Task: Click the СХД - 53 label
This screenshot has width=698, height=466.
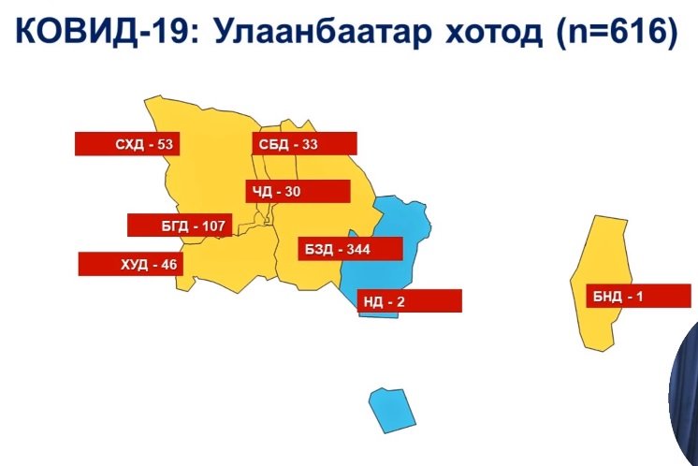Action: click(127, 144)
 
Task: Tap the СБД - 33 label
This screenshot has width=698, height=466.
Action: click(304, 144)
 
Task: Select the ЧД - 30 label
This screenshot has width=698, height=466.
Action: click(298, 192)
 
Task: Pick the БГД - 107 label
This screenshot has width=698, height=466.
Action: click(180, 226)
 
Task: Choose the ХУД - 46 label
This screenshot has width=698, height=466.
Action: click(131, 265)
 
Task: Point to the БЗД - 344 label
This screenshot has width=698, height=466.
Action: click(350, 249)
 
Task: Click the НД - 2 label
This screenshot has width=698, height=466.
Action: click(410, 301)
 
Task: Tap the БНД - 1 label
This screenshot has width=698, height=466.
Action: click(639, 296)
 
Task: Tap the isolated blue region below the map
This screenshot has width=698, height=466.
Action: click(392, 411)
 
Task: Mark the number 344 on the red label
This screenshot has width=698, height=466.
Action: click(358, 249)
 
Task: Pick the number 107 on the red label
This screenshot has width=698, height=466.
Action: click(213, 226)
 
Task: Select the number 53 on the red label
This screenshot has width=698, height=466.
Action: click(165, 144)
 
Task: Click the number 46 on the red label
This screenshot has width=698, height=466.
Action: click(168, 265)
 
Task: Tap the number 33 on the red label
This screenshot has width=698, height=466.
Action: click(310, 144)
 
